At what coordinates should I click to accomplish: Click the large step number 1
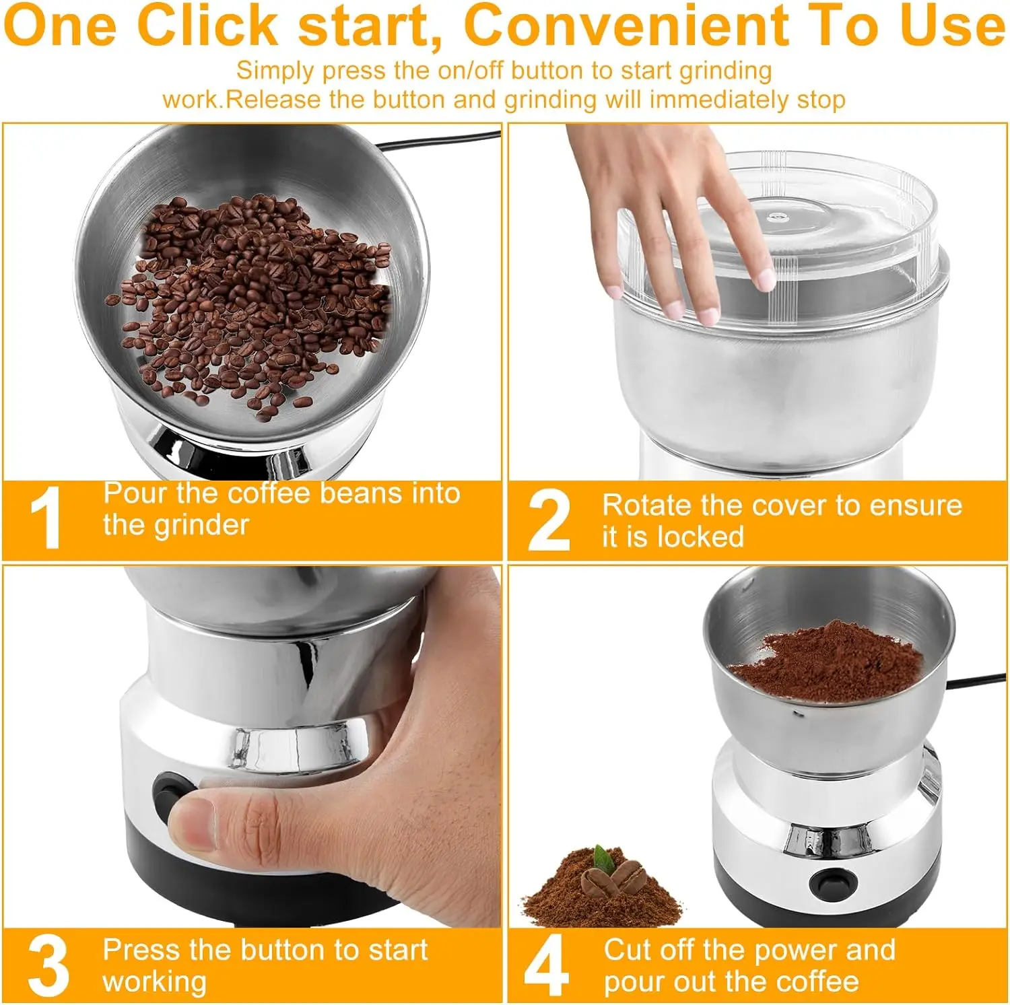[46, 518]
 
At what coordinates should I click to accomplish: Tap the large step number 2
[549, 520]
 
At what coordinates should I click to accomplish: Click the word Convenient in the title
[626, 26]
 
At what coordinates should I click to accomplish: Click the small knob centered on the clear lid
[778, 217]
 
